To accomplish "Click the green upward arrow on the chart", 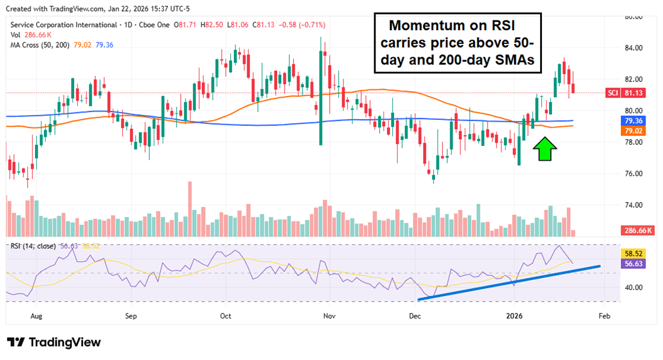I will (x=544, y=148).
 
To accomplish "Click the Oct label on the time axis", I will (x=225, y=315).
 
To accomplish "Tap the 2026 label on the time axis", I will (x=514, y=315).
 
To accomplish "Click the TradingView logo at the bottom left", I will (x=54, y=343).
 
